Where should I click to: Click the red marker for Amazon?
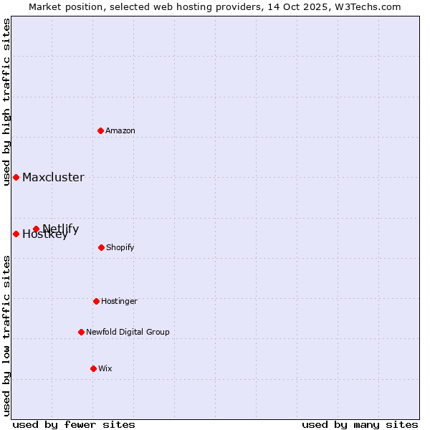[x=100, y=130]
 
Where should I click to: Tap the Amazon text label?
[x=120, y=131]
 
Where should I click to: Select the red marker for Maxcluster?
[x=16, y=177]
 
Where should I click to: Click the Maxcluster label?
[x=53, y=178]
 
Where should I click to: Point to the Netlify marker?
[x=36, y=229]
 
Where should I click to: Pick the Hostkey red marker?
[x=16, y=234]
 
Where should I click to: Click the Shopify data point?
[x=101, y=247]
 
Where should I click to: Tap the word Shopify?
[x=120, y=248]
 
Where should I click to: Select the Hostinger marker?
[x=96, y=301]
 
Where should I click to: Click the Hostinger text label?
[x=119, y=302]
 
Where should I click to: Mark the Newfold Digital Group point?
[x=81, y=332]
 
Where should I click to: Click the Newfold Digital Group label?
[x=128, y=333]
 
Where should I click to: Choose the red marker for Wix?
[x=93, y=368]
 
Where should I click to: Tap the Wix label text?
[x=105, y=369]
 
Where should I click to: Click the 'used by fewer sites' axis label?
[x=74, y=425]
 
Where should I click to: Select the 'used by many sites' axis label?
[x=360, y=425]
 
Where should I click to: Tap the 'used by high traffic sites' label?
[x=6, y=102]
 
